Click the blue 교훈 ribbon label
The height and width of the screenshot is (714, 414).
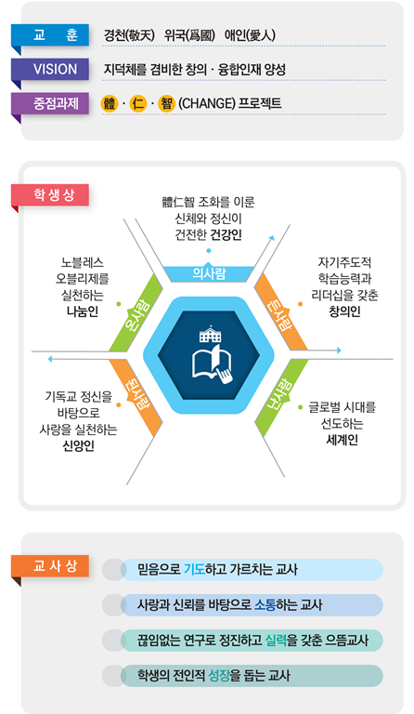click(50, 35)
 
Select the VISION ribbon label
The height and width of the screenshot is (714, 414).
click(50, 69)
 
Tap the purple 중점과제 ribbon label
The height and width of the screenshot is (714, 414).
click(50, 103)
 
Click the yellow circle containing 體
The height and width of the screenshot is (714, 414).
click(110, 104)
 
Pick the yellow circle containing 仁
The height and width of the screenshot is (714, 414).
click(137, 104)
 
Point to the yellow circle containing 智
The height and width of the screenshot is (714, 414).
click(166, 104)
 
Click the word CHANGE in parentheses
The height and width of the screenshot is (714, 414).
click(207, 104)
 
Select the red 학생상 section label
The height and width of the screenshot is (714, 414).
click(50, 195)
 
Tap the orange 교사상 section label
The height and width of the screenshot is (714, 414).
click(50, 566)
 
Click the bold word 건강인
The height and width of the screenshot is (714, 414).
click(226, 235)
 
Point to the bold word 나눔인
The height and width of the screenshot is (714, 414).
click(83, 311)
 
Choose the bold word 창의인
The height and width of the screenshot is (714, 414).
click(344, 311)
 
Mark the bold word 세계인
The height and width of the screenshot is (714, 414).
click(342, 440)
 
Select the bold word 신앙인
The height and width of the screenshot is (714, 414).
click(78, 445)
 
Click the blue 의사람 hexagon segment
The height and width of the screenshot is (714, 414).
click(209, 273)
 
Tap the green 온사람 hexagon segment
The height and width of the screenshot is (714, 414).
click(136, 312)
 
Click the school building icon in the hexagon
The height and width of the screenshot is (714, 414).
click(210, 335)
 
